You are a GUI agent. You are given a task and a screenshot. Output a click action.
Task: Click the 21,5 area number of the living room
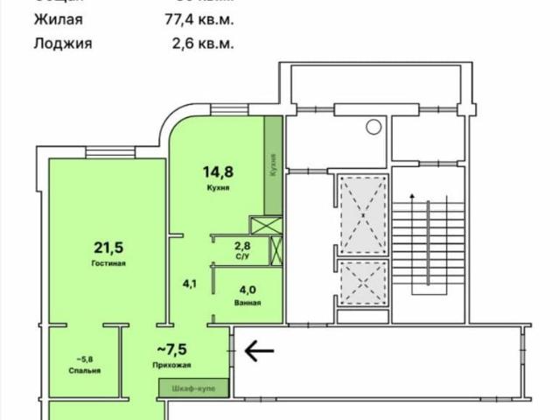pos(110,248)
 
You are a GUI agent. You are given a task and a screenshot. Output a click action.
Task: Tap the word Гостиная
pos(110,263)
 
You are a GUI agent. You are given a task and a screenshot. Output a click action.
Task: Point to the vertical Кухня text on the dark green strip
pos(274,165)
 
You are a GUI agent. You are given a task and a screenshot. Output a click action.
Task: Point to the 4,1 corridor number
pos(189,283)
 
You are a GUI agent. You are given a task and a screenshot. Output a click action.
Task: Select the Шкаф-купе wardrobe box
pos(193,386)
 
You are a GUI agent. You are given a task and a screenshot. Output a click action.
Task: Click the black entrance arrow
pos(258,352)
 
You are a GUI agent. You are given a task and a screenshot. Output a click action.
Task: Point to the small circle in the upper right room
pos(374,128)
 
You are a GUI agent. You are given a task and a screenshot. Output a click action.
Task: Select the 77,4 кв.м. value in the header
pos(203,18)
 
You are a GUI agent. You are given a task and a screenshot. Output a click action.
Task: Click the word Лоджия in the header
pos(63,42)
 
